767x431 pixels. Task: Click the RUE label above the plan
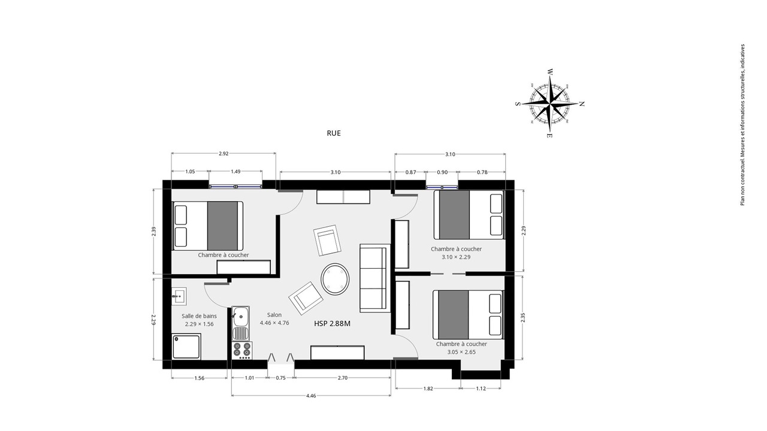pyautogui.click(x=334, y=133)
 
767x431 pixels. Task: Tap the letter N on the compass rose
pyautogui.click(x=582, y=104)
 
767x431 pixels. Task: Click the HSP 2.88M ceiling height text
pyautogui.click(x=332, y=324)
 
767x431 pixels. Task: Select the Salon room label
pyautogui.click(x=274, y=315)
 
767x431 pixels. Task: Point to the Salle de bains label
pyautogui.click(x=200, y=316)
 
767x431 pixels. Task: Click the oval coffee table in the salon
pyautogui.click(x=335, y=279)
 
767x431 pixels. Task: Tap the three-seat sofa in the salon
pyautogui.click(x=375, y=278)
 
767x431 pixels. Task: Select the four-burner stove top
pyautogui.click(x=241, y=350)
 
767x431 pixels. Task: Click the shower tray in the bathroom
pyautogui.click(x=186, y=347)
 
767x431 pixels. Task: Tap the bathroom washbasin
pyautogui.click(x=179, y=296)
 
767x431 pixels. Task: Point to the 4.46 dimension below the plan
pyautogui.click(x=311, y=396)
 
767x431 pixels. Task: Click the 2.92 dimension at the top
pyautogui.click(x=224, y=154)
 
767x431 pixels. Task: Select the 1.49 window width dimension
pyautogui.click(x=235, y=171)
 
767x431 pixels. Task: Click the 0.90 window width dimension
pyautogui.click(x=442, y=172)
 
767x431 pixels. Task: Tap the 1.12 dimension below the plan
pyautogui.click(x=481, y=388)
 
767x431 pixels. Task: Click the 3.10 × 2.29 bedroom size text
pyautogui.click(x=456, y=257)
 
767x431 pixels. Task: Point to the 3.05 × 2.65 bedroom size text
pyautogui.click(x=461, y=352)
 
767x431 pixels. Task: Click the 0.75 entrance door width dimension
pyautogui.click(x=280, y=378)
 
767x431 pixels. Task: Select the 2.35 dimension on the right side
pyautogui.click(x=523, y=318)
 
